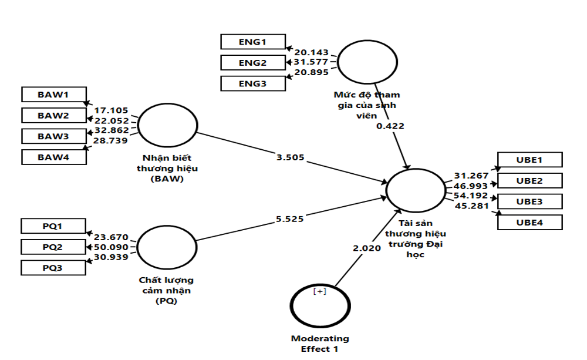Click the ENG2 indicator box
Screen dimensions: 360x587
(x=252, y=62)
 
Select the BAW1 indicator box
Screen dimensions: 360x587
(x=53, y=94)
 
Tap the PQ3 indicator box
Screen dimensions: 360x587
(x=53, y=268)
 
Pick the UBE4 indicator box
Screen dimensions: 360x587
(x=529, y=223)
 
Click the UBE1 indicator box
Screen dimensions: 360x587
(x=529, y=160)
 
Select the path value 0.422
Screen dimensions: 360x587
(x=390, y=125)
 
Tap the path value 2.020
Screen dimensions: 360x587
(x=367, y=248)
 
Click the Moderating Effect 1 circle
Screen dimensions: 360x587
(x=320, y=306)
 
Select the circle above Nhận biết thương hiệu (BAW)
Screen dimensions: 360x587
(x=167, y=126)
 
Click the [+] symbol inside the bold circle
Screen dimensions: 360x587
(x=320, y=291)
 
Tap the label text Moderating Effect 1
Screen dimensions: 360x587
(x=320, y=343)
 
